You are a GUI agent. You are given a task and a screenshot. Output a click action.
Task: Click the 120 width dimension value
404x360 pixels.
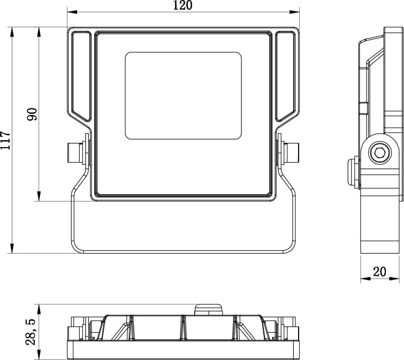tap(182, 5)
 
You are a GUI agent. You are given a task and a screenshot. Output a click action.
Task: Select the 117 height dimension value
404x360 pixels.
tap(5, 140)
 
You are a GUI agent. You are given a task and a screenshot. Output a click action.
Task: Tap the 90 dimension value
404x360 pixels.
tap(32, 114)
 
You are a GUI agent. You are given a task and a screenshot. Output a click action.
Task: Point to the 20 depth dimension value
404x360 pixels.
tap(379, 272)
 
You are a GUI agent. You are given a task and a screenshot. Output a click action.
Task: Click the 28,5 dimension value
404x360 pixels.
tap(31, 332)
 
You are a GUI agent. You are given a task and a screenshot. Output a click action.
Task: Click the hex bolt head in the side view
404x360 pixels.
tap(379, 152)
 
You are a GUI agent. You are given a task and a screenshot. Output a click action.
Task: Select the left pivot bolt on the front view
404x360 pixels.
tap(77, 152)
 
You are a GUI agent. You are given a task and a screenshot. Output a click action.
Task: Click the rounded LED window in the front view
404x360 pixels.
tap(183, 96)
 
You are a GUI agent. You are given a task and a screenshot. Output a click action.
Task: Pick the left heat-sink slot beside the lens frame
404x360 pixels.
tap(81, 76)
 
